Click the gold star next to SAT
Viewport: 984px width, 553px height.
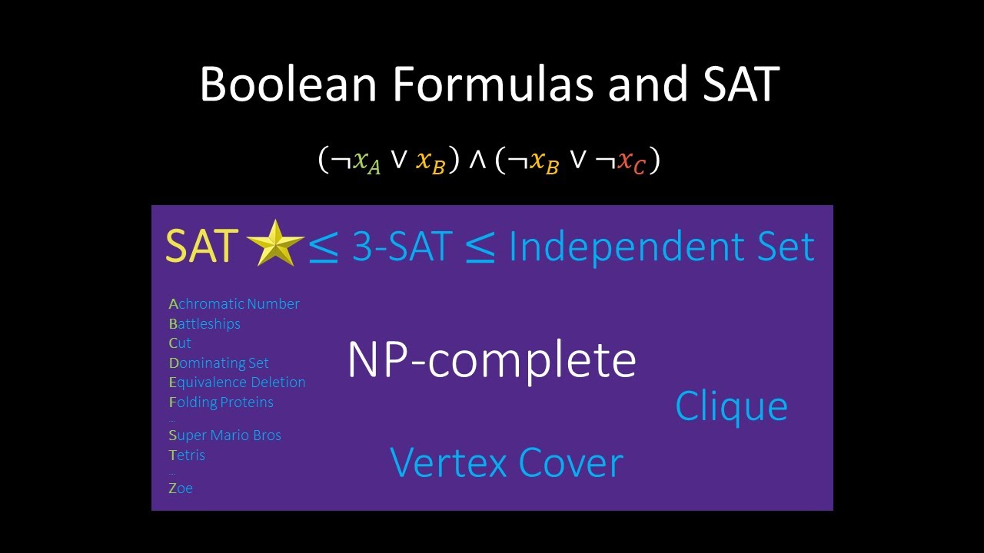pos(275,244)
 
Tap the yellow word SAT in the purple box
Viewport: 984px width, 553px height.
pos(201,247)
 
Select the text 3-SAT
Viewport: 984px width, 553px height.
pos(402,247)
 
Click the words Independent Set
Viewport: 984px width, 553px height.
pos(661,247)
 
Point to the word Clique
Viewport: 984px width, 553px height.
pos(731,406)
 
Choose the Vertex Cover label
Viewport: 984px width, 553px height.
pos(507,462)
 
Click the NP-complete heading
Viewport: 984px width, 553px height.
pos(492,359)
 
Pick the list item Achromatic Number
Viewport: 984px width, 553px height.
pos(234,304)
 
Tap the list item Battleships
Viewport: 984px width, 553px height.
pos(204,324)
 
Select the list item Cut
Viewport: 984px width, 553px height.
pos(180,343)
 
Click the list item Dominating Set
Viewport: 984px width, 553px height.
pos(219,363)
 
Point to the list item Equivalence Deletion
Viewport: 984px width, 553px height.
pos(237,382)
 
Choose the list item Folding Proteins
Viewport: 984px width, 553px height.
pos(221,402)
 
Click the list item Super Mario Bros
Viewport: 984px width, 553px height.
pos(224,435)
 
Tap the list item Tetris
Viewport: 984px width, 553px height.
pos(187,455)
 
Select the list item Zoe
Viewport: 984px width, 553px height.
pos(181,488)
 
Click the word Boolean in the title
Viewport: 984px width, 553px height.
pos(288,84)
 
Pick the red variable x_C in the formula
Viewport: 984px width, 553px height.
pos(631,162)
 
